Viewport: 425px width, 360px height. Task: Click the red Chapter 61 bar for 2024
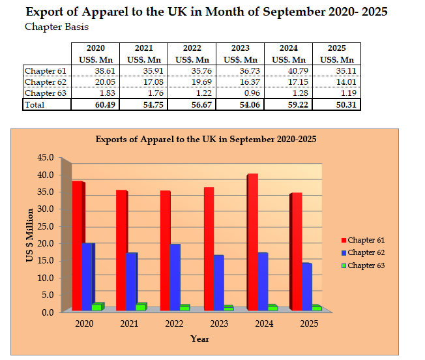pos(253,241)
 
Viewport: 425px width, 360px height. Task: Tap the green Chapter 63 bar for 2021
pos(140,306)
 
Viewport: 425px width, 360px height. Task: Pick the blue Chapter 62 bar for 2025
pos(306,286)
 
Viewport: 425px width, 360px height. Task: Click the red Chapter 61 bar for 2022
pos(165,250)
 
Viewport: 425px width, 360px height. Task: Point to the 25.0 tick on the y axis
pos(45,226)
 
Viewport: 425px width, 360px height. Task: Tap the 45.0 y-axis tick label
pos(45,158)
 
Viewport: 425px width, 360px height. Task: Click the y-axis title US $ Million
pos(29,235)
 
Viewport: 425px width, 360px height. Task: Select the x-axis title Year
pos(199,338)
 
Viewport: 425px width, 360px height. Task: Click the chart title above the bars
pos(206,139)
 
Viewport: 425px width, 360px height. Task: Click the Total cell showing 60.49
pos(95,104)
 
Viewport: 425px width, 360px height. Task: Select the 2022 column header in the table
pos(192,48)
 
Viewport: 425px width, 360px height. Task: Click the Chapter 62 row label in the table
pos(45,82)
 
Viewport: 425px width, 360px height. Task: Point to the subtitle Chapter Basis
pos(57,27)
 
